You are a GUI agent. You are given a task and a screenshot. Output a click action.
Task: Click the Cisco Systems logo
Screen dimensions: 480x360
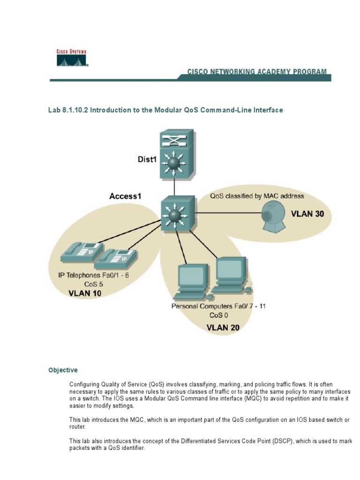(x=72, y=59)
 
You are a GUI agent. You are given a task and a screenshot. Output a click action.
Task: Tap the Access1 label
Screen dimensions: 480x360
(x=125, y=196)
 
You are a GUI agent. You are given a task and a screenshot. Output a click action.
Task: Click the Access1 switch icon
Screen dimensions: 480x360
(x=175, y=215)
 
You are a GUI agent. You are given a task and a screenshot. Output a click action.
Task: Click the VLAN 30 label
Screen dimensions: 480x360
(x=307, y=214)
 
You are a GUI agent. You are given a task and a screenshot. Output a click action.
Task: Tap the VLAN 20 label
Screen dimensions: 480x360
(x=223, y=327)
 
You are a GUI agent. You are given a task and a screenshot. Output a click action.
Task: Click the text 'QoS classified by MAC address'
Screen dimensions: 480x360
(x=256, y=196)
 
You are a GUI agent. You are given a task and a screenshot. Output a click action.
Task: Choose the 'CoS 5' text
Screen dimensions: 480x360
(x=94, y=284)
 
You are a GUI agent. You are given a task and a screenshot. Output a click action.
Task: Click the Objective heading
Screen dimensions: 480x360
(x=63, y=370)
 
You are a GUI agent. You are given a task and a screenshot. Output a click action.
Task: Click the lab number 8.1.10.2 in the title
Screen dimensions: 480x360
(x=73, y=110)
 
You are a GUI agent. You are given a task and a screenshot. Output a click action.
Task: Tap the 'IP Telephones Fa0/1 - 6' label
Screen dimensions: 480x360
(x=93, y=275)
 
